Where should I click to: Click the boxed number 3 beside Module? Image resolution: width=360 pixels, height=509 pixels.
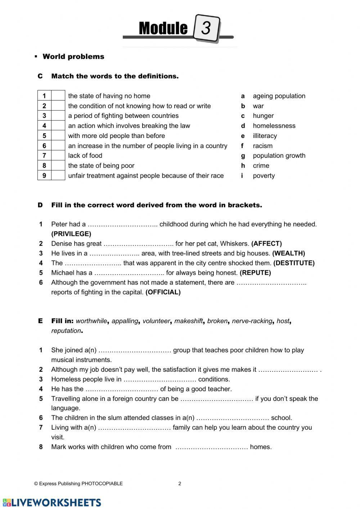206,28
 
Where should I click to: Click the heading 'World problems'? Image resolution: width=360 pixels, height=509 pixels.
73,57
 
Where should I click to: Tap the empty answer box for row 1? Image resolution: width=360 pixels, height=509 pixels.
58,96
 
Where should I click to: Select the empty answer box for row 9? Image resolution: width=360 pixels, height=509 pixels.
58,176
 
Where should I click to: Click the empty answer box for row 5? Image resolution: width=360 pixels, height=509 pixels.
58,136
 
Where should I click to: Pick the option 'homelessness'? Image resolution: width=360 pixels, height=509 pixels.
274,126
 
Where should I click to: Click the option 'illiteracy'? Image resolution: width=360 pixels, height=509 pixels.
265,136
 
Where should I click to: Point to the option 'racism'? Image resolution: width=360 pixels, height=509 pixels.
262,146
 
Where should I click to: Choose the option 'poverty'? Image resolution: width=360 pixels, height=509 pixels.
264,176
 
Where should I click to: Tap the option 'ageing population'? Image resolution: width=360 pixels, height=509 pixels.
279,96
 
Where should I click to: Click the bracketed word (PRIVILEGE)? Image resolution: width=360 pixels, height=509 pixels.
71,234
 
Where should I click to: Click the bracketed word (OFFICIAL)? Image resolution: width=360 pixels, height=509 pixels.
163,292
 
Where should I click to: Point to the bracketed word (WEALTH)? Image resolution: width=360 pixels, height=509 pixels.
288,253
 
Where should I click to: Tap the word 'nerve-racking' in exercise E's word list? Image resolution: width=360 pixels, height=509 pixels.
252,321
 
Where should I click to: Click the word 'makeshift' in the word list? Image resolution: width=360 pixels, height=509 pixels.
188,321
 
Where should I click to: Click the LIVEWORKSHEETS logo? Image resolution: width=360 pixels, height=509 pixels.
52,503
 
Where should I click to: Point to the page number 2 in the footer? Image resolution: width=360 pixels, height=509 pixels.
180,484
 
